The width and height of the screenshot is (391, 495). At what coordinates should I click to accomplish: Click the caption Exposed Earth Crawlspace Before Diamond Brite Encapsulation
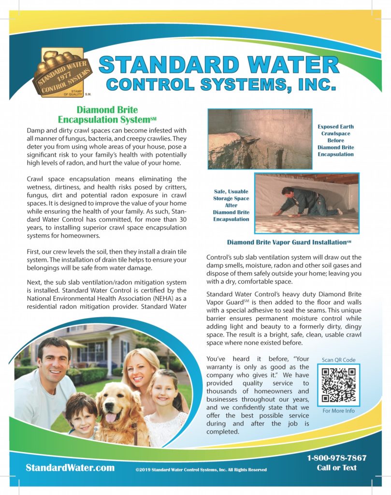pos(335,140)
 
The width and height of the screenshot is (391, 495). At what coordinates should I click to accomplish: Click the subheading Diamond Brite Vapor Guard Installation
pos(289,242)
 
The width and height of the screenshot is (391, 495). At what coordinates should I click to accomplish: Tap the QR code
pos(338,385)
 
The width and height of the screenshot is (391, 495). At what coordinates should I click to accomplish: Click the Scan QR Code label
pos(338,360)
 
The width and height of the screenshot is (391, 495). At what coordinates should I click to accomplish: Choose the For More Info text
pos(338,411)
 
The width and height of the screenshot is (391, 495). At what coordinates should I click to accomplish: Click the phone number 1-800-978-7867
pos(336,458)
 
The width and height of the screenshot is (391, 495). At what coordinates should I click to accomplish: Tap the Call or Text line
pos(336,467)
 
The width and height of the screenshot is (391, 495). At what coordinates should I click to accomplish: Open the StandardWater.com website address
pos(70,467)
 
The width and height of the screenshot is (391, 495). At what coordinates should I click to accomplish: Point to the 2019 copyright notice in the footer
pos(201,469)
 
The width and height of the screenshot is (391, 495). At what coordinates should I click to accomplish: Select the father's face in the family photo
pos(54,360)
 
